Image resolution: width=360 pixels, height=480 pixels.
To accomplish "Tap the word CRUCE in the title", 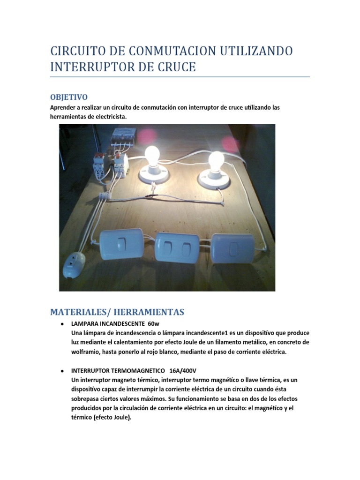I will point(173,67).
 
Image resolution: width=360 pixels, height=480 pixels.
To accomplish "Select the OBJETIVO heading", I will point(68,97).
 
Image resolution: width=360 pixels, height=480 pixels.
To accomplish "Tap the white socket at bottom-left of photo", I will point(73,266).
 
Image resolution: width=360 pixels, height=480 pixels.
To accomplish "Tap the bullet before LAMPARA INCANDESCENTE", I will point(62,324).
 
